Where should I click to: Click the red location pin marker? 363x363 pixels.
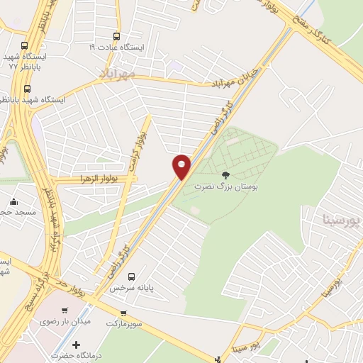[x=182, y=166]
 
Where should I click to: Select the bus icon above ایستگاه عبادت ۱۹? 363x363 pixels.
[x=117, y=37]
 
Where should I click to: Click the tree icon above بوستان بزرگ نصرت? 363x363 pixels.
[x=225, y=174]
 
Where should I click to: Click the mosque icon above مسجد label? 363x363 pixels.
[x=13, y=201]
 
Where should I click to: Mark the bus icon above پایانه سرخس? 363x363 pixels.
[x=131, y=277]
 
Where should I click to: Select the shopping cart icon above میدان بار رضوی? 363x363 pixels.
[x=65, y=310]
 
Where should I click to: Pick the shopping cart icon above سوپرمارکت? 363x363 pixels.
[x=123, y=313]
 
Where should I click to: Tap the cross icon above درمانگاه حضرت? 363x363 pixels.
[x=77, y=345]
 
